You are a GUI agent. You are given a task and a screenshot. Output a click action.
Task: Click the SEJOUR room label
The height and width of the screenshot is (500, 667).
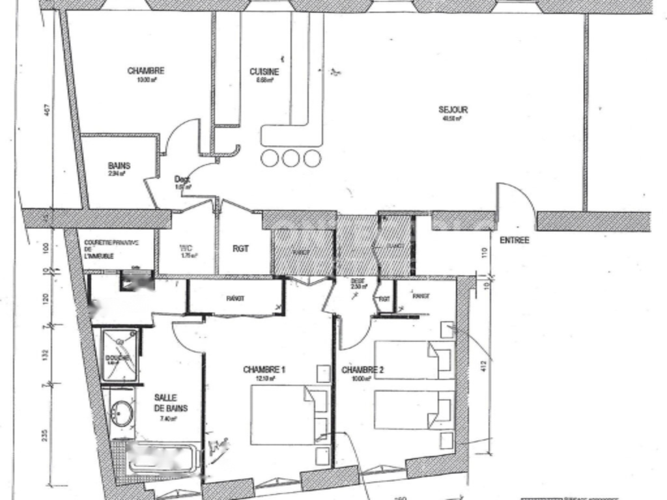point(453,110)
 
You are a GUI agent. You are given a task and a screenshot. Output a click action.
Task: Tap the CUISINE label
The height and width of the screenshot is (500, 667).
point(264,72)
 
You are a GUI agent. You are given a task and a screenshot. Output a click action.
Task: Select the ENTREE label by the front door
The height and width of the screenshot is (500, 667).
point(515,240)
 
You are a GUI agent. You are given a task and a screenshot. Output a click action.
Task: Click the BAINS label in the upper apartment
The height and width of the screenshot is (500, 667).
point(119,166)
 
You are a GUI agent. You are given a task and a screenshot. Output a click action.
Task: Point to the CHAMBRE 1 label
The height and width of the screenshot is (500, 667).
point(264,370)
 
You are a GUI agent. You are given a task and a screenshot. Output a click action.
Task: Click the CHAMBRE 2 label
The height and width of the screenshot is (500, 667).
point(363,371)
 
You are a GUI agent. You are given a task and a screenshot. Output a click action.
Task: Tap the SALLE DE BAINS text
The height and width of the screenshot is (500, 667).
point(171,403)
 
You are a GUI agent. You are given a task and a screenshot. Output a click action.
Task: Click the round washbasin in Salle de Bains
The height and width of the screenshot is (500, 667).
point(121,411)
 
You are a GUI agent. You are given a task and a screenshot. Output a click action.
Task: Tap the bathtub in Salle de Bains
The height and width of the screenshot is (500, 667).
point(163,459)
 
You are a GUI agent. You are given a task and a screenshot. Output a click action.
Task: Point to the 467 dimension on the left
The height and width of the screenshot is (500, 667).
point(47,111)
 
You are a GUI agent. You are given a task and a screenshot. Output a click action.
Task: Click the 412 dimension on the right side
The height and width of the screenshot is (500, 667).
point(483,367)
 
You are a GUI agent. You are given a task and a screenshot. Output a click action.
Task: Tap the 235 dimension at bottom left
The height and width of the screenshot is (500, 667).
point(47,436)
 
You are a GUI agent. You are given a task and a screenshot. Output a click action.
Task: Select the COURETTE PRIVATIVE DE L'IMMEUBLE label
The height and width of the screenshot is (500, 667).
point(111,249)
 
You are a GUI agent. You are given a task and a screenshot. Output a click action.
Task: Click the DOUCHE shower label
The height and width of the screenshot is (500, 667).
point(118,359)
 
